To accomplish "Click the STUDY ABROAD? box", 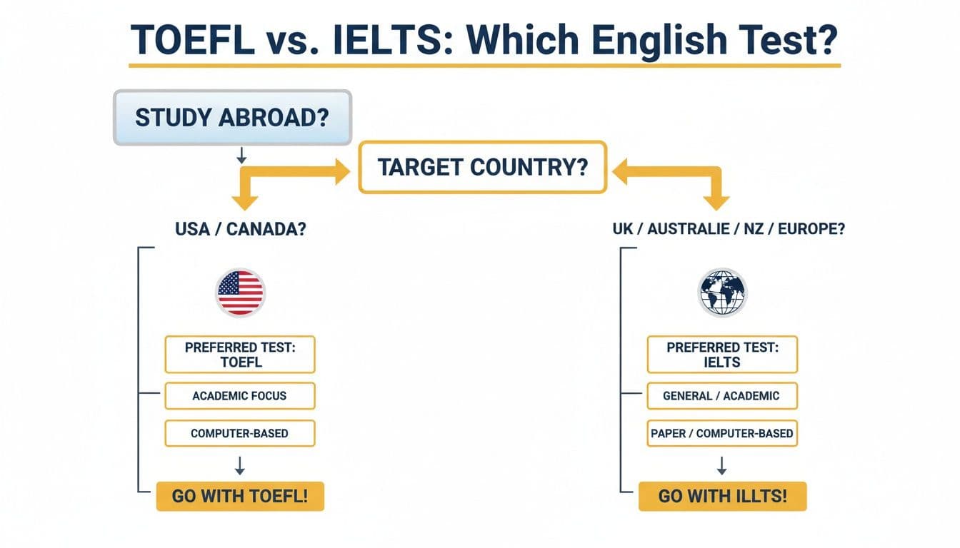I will tap(232, 117).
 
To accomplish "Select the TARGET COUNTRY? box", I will tap(482, 167).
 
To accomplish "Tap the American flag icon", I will tap(240, 293).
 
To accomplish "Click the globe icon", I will tap(721, 293).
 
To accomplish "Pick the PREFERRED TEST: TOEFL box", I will tap(239, 355).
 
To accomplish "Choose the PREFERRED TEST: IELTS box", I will tap(722, 355).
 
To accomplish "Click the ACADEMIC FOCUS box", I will tap(239, 395).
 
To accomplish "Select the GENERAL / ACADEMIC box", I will tap(722, 395).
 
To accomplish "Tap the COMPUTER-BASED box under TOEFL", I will tap(239, 433).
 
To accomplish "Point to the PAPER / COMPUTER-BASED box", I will tap(722, 433).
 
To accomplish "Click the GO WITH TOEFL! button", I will tap(240, 497).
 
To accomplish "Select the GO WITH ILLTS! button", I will tap(722, 497).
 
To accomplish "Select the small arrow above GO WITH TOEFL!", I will tap(240, 466).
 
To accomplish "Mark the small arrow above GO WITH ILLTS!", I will tap(721, 466).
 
